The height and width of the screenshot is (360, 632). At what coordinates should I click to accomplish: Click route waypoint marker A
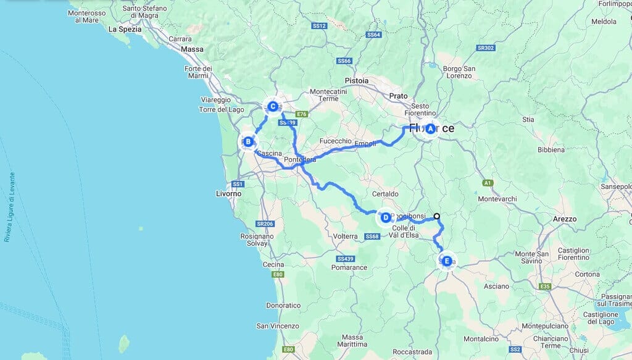(430, 128)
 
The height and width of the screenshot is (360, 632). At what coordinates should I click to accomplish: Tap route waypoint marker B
(247, 142)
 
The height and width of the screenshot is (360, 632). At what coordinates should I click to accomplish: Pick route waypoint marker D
(385, 217)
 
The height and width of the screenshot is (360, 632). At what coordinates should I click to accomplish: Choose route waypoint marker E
(446, 261)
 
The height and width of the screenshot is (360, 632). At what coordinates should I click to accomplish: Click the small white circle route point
(437, 216)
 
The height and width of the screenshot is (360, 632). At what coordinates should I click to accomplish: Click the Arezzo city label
(564, 219)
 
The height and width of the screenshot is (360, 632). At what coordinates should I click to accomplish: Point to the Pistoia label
(357, 80)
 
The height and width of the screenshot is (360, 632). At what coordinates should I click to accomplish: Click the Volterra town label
(345, 236)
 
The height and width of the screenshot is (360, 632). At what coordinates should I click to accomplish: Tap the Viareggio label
(215, 99)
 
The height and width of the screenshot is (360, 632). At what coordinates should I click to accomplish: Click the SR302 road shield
(485, 48)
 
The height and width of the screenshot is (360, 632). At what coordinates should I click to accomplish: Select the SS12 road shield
(319, 26)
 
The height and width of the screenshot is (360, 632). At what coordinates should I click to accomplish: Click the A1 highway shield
(488, 183)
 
